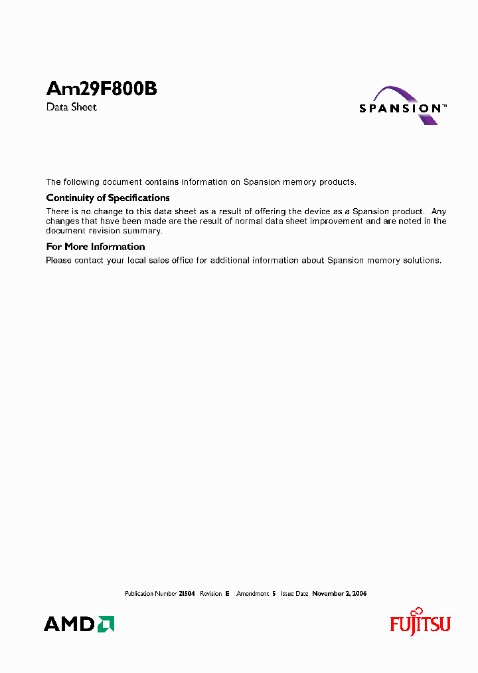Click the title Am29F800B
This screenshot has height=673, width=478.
[x=101, y=89]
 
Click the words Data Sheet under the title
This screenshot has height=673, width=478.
[x=71, y=107]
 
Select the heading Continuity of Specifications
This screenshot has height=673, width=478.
[x=108, y=198]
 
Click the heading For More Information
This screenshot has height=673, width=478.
[x=95, y=247]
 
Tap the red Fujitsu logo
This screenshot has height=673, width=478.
[x=420, y=623]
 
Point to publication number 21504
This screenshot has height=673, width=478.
[x=187, y=593]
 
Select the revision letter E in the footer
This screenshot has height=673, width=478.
[x=227, y=593]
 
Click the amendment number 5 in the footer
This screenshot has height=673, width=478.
[x=274, y=593]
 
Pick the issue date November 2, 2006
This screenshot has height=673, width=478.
[x=339, y=593]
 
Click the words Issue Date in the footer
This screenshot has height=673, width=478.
[x=294, y=593]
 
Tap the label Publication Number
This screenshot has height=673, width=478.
[x=151, y=593]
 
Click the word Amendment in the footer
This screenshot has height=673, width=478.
[x=252, y=593]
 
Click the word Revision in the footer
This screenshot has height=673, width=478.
[x=210, y=593]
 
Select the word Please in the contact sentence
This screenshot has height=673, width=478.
[x=58, y=260]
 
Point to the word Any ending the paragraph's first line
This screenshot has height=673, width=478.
[x=439, y=211]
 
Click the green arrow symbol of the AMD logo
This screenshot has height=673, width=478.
[x=106, y=624]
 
